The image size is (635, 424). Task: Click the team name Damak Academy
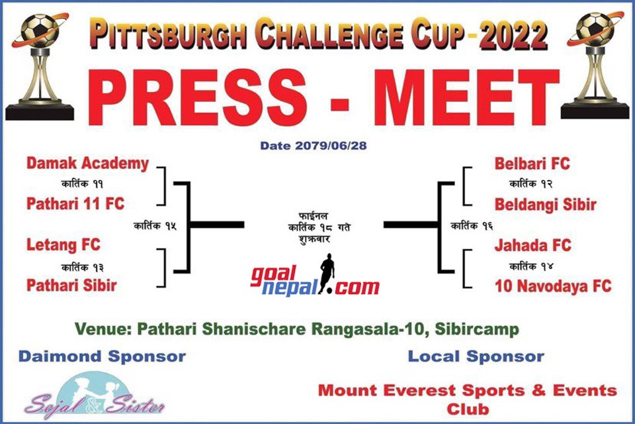[87, 164]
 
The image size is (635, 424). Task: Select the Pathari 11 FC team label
[75, 203]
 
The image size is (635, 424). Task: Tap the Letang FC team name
[63, 244]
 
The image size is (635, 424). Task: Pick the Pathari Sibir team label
[71, 286]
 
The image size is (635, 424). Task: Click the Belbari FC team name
[532, 164]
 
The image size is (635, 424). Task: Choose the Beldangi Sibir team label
[546, 205]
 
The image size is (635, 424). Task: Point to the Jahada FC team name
[532, 245]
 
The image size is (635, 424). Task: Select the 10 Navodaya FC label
[553, 286]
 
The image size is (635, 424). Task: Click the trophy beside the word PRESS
[40, 67]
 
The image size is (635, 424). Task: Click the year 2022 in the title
[513, 35]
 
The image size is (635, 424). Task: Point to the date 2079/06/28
[331, 146]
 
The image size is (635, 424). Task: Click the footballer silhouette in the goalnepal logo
[326, 273]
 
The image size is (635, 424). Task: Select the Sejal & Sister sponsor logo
[95, 396]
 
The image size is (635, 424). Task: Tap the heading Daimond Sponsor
[102, 356]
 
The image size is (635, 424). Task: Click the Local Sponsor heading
[476, 356]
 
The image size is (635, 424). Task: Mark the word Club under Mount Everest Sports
[468, 409]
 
